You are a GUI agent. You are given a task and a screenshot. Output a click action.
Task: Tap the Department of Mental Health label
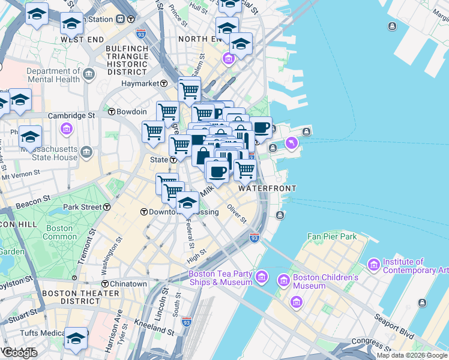coord(53,75)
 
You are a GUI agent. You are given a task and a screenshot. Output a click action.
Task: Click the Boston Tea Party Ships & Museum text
coord(220,278)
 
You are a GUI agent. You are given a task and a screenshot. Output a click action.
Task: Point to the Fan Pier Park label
coord(332,236)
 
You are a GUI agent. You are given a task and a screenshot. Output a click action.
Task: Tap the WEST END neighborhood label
coord(79,39)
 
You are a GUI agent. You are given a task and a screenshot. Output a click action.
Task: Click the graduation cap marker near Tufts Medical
coord(76,338)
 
